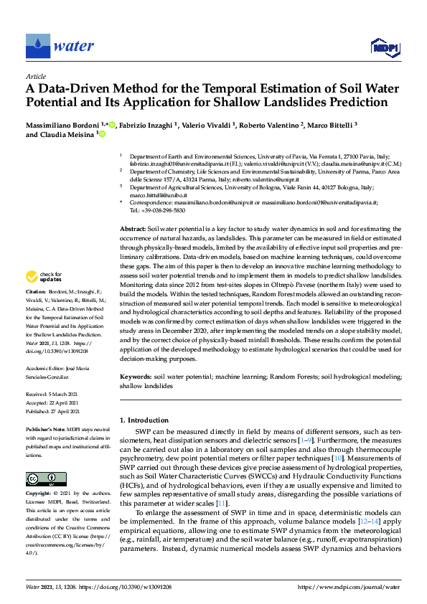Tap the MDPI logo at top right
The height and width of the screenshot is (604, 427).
[x=385, y=47]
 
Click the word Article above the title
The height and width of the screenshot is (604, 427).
[x=36, y=75]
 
